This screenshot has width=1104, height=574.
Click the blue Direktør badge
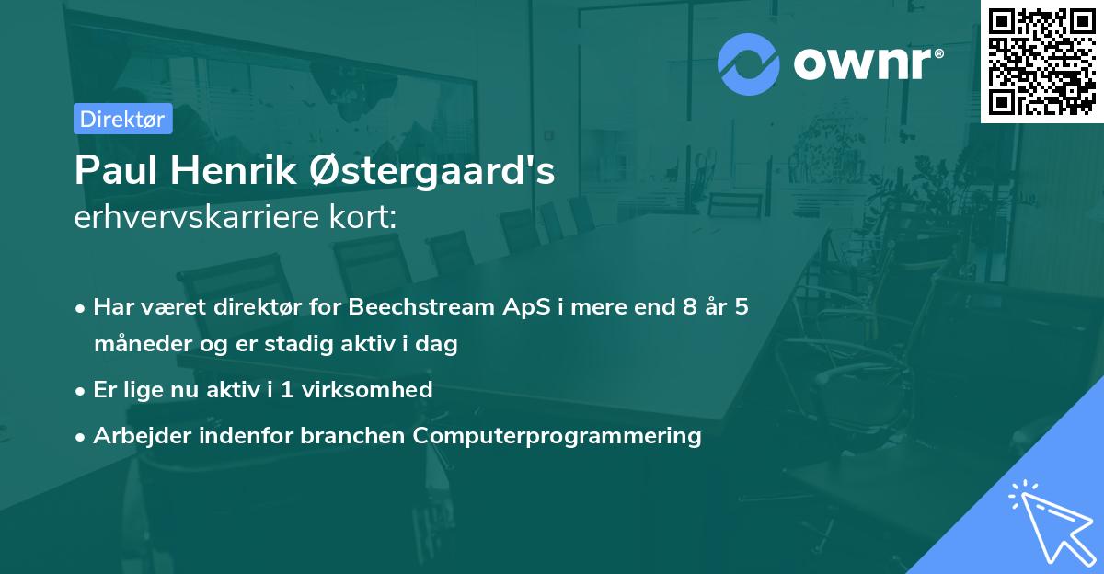123,119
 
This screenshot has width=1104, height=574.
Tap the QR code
1041,61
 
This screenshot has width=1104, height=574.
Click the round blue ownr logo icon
748,64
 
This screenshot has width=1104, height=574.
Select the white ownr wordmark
868,63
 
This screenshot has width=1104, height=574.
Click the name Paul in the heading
116,170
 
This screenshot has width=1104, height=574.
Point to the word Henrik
234,170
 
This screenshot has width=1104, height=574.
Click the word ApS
526,307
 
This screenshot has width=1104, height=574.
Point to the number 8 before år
689,306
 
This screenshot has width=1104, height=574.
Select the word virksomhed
367,389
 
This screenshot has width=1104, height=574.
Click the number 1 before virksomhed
287,389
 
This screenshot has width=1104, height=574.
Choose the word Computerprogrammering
557,436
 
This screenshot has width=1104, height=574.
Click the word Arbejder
143,436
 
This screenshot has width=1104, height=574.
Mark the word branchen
352,435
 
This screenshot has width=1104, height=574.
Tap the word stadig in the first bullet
299,344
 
